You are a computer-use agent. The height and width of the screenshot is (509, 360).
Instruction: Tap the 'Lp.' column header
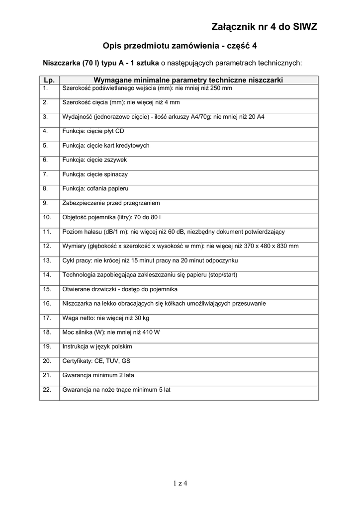[49, 80]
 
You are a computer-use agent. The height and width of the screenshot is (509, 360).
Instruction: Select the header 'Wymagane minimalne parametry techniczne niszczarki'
[188, 80]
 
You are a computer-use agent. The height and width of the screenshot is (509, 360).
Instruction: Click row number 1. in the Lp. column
[45, 88]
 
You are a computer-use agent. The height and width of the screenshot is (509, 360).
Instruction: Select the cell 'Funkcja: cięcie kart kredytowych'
[105, 146]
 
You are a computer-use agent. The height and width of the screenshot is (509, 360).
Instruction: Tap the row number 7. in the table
[45, 174]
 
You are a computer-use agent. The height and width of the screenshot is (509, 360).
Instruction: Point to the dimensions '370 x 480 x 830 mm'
[270, 246]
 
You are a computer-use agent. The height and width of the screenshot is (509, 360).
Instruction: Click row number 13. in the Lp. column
[47, 260]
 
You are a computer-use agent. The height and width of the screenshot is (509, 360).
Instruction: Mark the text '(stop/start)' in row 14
[223, 274]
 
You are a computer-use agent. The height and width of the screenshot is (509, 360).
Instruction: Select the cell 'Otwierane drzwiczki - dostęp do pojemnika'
[120, 289]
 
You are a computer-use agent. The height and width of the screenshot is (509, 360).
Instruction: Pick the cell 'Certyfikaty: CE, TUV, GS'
[96, 361]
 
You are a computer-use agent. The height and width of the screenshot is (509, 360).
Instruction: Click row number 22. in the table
[47, 390]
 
